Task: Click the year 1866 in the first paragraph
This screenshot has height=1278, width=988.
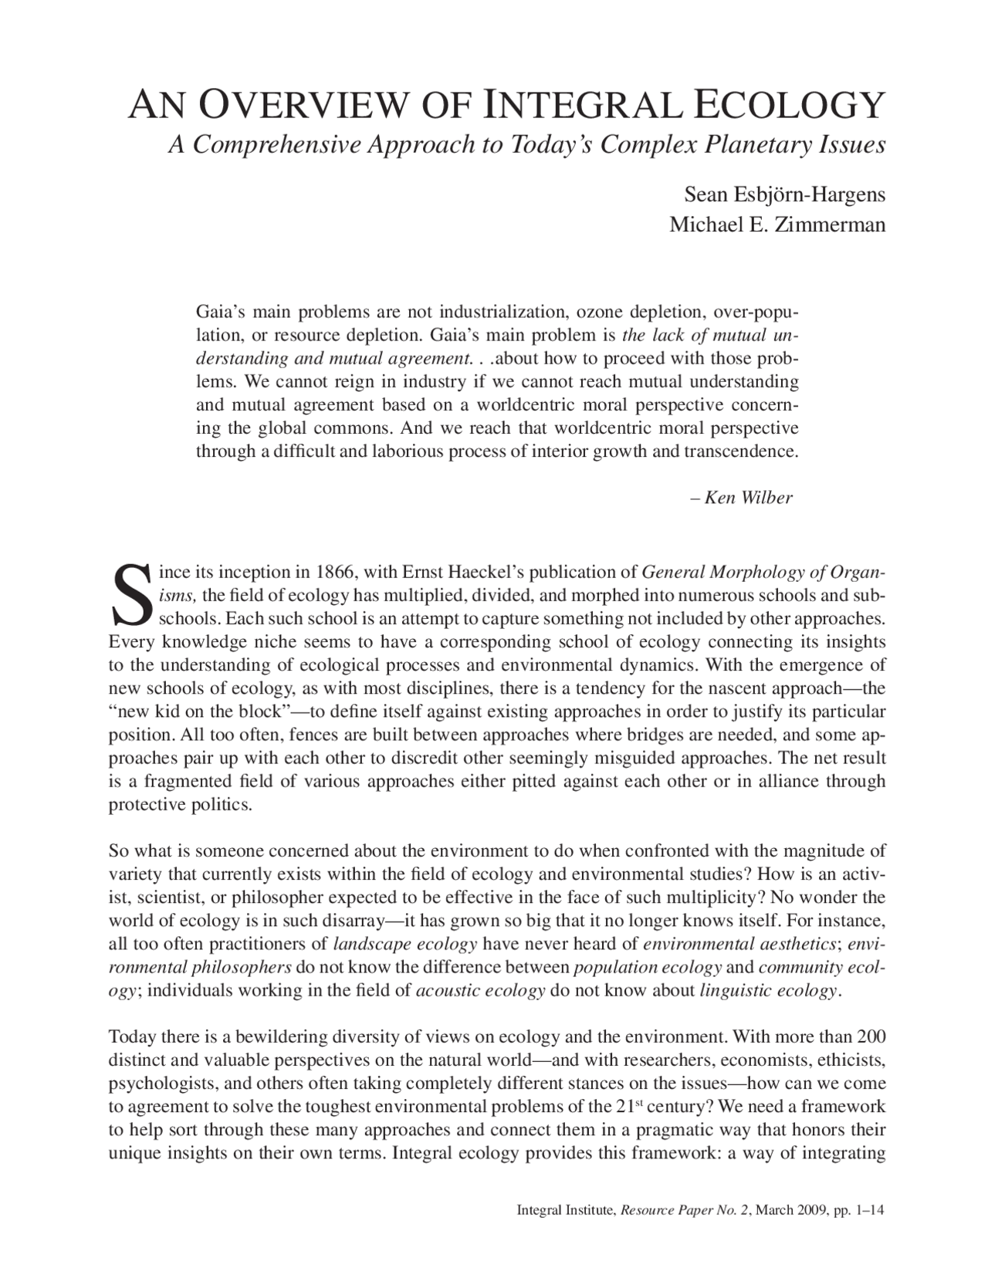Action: pyautogui.click(x=334, y=573)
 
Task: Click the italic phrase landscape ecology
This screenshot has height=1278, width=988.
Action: pyautogui.click(x=405, y=944)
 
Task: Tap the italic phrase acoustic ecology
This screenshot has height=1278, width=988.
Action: pyautogui.click(x=480, y=991)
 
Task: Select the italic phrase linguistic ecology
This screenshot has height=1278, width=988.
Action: pyautogui.click(x=768, y=991)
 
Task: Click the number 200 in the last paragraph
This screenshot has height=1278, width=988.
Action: pyautogui.click(x=871, y=1036)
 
